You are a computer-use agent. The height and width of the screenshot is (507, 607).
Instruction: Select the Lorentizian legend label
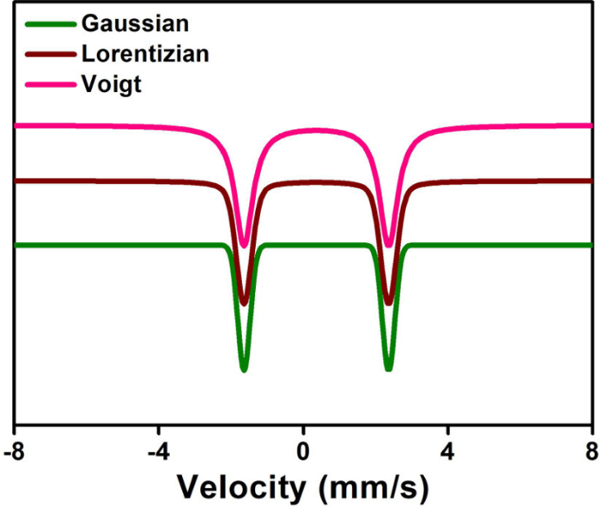point(145,54)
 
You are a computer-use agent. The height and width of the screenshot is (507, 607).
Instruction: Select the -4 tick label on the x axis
point(157,452)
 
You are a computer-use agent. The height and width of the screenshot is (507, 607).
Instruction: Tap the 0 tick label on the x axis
point(303,452)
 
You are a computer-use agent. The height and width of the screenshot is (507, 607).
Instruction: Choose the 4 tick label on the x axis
point(447,452)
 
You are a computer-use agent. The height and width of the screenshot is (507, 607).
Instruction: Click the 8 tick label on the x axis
point(591,452)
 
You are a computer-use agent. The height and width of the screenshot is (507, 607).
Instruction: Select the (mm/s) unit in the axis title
point(374,488)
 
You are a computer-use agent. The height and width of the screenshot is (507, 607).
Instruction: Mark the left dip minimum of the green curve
point(244,369)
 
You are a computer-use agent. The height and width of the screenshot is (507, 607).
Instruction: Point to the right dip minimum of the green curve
point(388,369)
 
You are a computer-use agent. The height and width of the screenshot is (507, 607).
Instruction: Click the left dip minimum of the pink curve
point(244,246)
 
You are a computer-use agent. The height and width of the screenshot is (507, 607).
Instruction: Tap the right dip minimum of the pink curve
point(388,246)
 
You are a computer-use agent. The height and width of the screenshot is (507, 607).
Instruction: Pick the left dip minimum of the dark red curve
point(244,303)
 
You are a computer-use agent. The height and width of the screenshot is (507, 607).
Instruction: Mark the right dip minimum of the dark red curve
point(388,303)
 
